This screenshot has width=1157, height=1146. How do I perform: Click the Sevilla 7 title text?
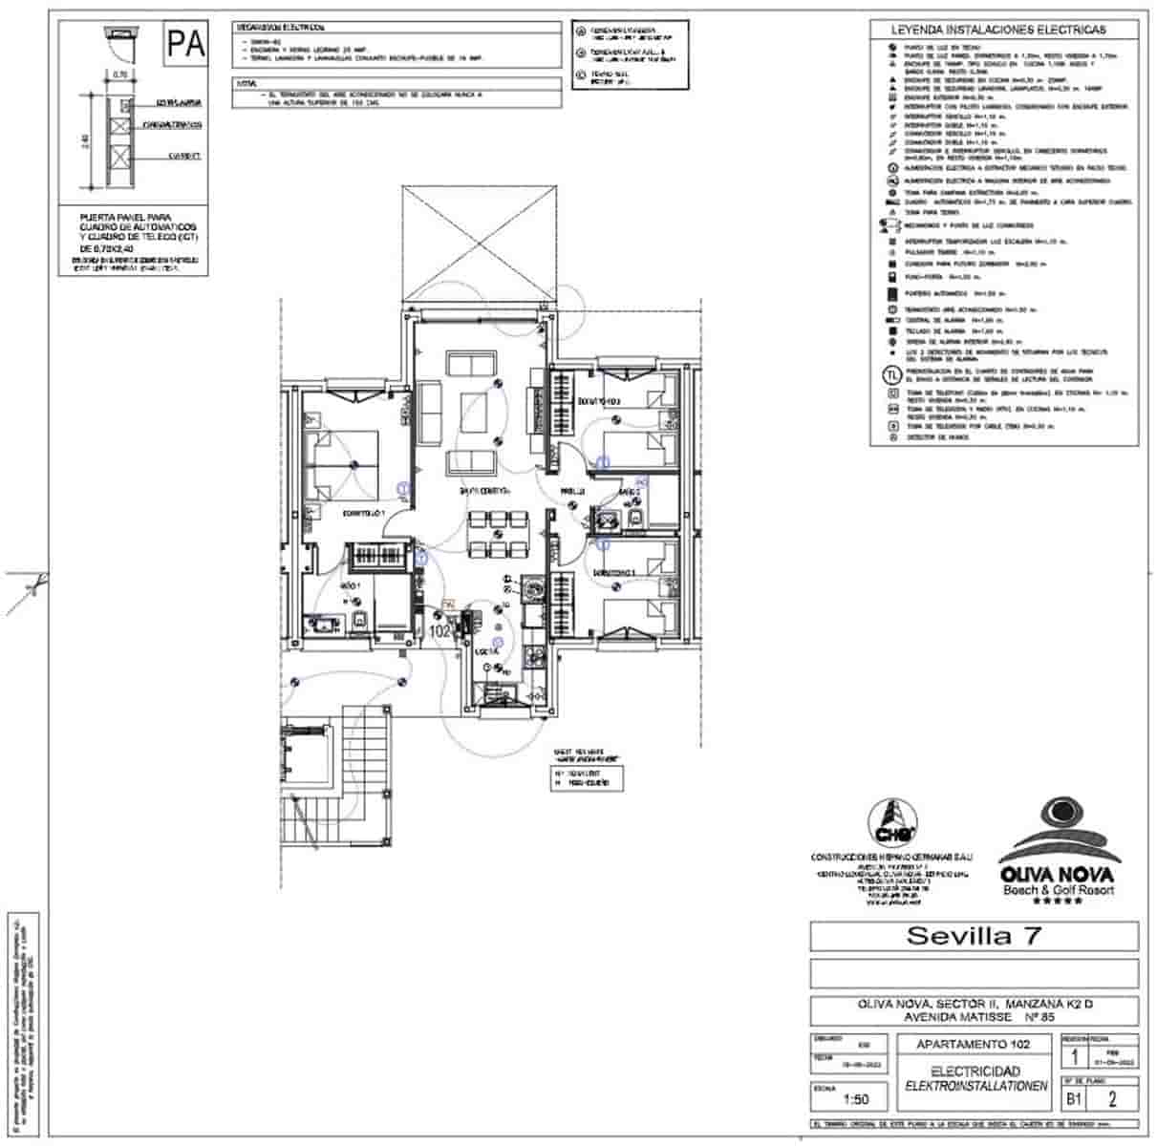(x=974, y=936)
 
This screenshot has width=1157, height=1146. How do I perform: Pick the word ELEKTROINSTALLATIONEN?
(x=975, y=1086)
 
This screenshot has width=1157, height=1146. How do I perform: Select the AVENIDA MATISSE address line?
(x=974, y=1017)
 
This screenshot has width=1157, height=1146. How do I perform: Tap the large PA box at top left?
(x=185, y=44)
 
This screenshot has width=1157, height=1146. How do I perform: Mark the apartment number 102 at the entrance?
(x=440, y=630)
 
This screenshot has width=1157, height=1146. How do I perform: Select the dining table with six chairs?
(x=497, y=535)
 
